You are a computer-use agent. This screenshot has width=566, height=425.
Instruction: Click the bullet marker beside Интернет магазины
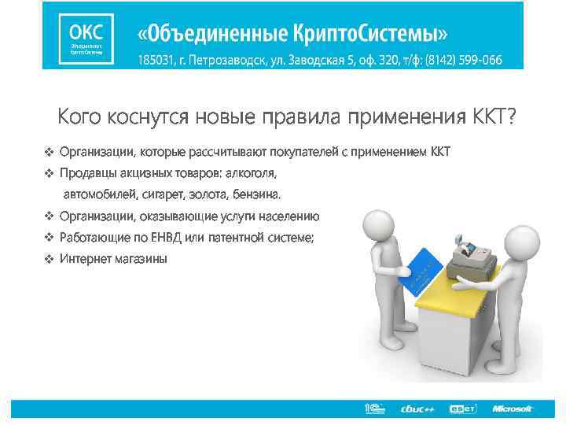(x=49, y=259)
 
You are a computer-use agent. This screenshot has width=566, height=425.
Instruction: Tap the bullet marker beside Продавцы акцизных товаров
(x=49, y=172)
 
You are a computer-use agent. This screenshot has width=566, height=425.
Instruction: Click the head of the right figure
(x=519, y=240)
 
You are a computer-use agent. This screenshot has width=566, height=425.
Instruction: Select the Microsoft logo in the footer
(x=512, y=408)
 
